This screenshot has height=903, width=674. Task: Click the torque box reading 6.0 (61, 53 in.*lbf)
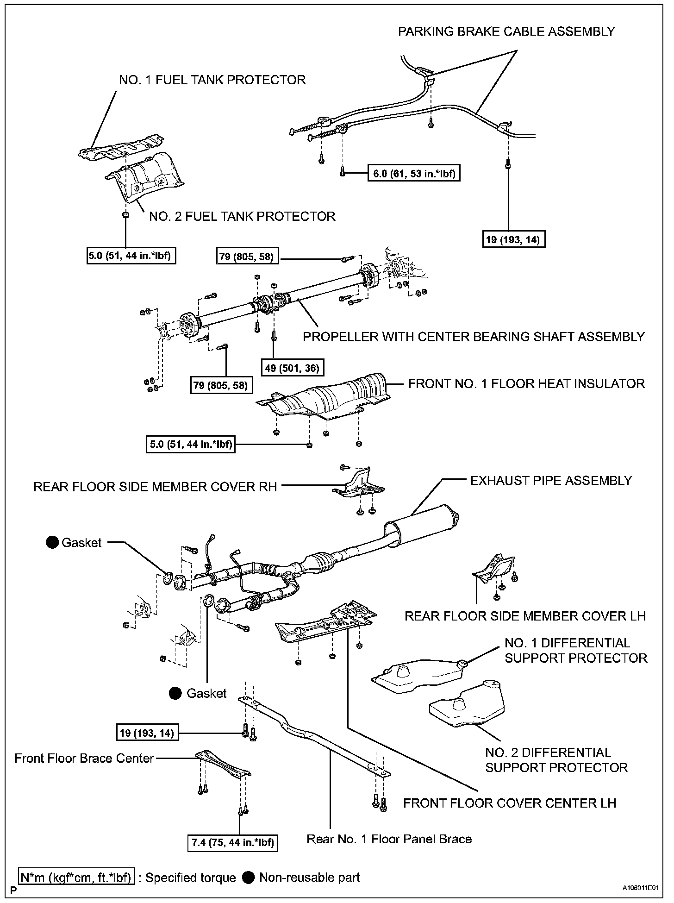click(x=413, y=174)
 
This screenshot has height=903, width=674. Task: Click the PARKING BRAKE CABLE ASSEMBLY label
click(x=506, y=31)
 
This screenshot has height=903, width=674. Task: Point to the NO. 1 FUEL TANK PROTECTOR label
click(x=212, y=80)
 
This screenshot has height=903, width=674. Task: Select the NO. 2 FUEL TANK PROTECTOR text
click(x=242, y=216)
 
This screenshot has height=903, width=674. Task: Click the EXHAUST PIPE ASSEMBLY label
click(x=551, y=480)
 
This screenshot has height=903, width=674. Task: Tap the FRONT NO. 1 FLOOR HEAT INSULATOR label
click(x=526, y=383)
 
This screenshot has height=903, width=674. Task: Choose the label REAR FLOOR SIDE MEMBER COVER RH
click(x=155, y=487)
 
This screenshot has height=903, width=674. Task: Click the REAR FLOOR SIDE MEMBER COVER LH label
click(x=525, y=616)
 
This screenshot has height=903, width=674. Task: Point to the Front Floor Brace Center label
click(x=84, y=758)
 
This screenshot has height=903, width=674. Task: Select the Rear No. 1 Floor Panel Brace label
click(x=389, y=839)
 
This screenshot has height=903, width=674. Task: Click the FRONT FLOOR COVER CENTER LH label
click(x=510, y=803)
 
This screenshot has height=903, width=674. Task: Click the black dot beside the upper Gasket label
click(x=53, y=542)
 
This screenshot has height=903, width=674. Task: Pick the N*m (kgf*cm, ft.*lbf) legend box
click(x=76, y=877)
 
